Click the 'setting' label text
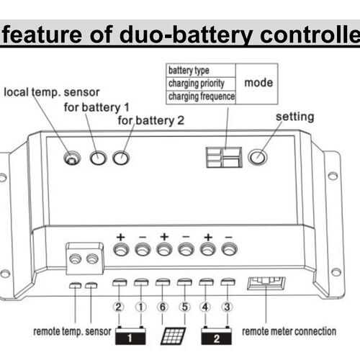pos(294,117)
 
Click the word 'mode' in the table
pos(258,83)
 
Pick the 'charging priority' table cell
pos(197,83)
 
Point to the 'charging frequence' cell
pos(201,95)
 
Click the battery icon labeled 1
pos(130,334)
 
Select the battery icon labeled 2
pos(217,334)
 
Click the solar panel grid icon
pos(173,335)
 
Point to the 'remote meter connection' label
pos(289,332)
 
